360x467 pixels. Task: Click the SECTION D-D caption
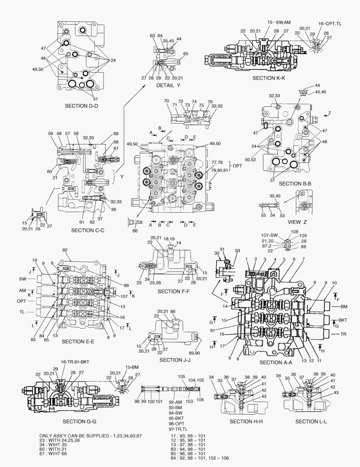click(81, 106)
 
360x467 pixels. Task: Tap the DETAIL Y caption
click(168, 86)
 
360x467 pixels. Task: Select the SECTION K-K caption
click(268, 78)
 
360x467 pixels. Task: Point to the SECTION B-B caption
click(295, 183)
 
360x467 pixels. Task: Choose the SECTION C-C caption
click(87, 230)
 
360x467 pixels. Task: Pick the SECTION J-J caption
click(176, 360)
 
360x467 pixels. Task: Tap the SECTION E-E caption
click(78, 342)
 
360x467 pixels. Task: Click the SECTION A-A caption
click(276, 362)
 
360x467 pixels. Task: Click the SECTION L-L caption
click(311, 422)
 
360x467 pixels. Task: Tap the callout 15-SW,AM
click(279, 22)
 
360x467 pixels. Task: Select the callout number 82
click(65, 250)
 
